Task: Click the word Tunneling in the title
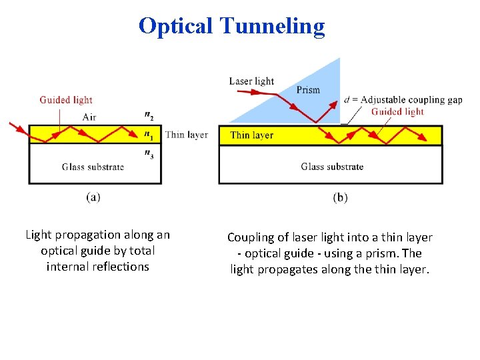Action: click(x=271, y=26)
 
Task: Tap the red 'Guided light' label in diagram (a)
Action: click(x=66, y=100)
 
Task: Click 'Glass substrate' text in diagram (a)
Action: click(x=93, y=167)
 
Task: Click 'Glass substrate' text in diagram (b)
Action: click(x=331, y=167)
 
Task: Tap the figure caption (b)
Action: click(x=340, y=197)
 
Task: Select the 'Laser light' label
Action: click(x=251, y=81)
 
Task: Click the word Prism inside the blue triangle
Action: click(x=308, y=90)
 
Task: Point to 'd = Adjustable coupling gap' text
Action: click(x=403, y=100)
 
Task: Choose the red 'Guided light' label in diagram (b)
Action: click(x=397, y=112)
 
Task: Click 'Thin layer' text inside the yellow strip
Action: click(x=251, y=135)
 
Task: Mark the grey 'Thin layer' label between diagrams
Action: click(x=187, y=135)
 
